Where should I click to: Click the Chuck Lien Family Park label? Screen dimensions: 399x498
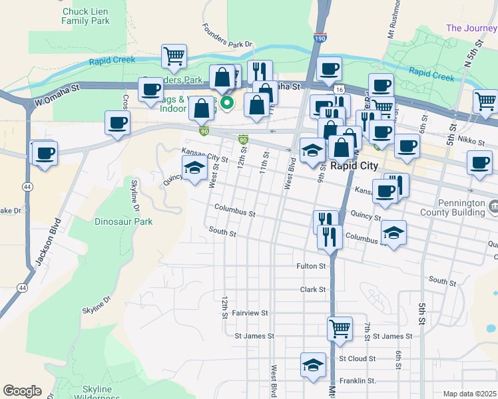(85, 16)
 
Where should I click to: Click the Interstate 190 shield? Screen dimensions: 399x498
(320, 39)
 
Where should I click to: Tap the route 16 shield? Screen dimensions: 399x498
(339, 89)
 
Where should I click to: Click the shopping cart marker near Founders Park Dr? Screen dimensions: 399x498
(174, 57)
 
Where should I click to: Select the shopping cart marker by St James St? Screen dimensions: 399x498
(340, 329)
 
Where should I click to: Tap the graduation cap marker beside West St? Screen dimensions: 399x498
(194, 169)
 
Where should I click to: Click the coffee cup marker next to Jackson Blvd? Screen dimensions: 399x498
(45, 154)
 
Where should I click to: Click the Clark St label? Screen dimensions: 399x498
(312, 290)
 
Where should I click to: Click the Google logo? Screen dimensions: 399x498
(22, 391)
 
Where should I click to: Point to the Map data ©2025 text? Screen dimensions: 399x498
(469, 394)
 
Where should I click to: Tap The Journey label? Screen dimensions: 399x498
(471, 28)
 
